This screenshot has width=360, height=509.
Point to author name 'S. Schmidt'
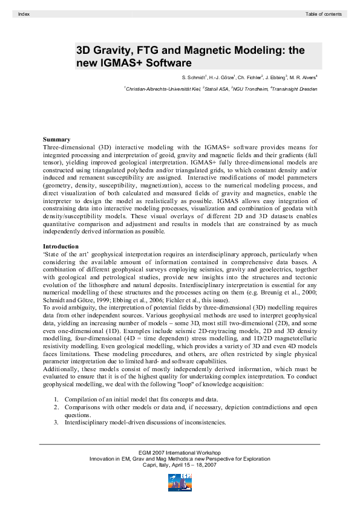194,78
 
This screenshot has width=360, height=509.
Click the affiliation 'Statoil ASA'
223,89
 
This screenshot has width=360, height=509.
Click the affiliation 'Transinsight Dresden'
301,89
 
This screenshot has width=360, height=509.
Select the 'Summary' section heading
56,140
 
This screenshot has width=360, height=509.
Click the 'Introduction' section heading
61,246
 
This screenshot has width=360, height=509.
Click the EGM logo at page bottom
180,482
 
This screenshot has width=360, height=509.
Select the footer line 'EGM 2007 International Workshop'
180,452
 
